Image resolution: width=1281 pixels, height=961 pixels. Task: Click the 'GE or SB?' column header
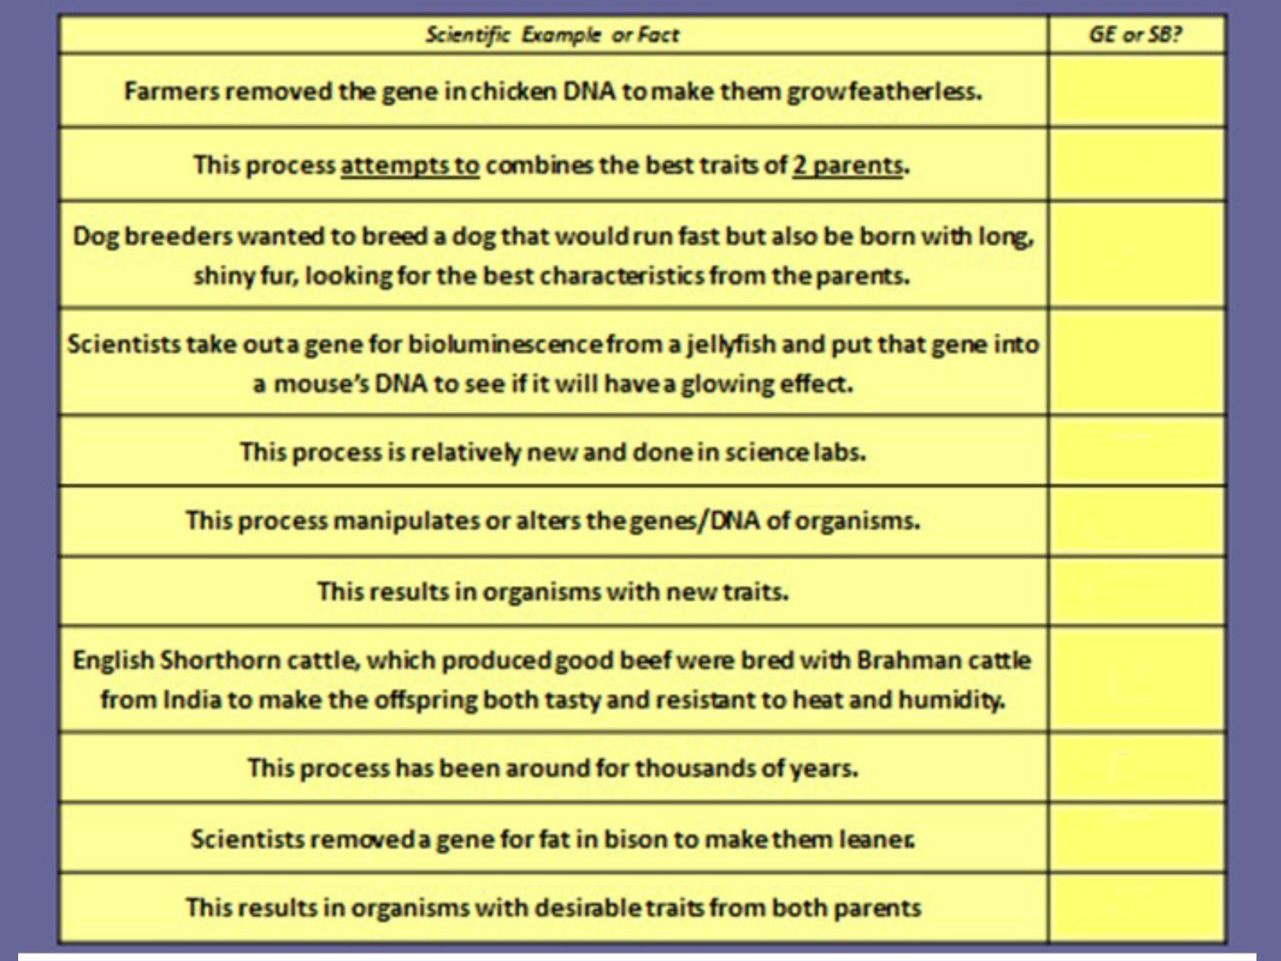tap(1136, 35)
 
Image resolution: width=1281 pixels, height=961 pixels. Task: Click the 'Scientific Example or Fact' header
tap(552, 35)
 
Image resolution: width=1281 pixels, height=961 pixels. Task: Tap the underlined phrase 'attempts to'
tap(410, 165)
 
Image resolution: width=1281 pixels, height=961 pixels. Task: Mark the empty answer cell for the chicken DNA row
tap(1136, 92)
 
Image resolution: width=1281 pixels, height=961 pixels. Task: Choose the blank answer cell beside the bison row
tap(1136, 839)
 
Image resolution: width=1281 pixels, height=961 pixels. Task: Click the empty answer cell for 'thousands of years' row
tap(1136, 768)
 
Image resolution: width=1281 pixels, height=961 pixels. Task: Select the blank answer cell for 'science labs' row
tap(1136, 452)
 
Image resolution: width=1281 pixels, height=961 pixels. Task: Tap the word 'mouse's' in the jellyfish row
tap(321, 384)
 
